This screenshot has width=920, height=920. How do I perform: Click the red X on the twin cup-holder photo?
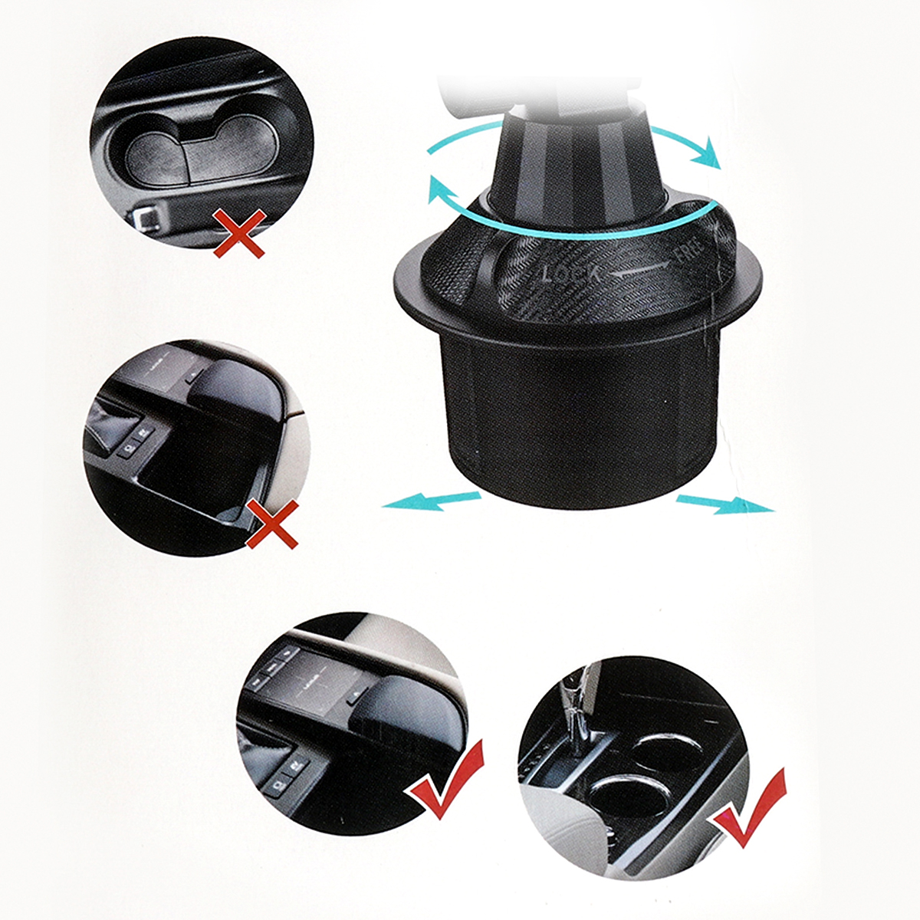pos(238,234)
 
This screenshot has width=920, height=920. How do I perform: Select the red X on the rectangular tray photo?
pos(273,524)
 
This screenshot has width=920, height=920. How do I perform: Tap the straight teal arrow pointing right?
pos(725,504)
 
